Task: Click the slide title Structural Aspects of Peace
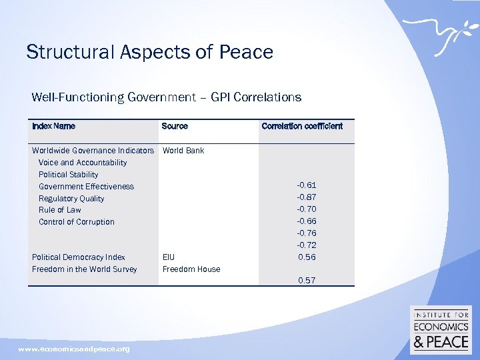coord(149,52)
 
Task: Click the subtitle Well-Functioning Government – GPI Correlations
coord(166,97)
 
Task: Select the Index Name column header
coord(53,126)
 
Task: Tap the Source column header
coord(175,126)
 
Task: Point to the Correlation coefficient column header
coord(302,126)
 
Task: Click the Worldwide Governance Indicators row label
coord(93,151)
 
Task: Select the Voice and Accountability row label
coord(83,163)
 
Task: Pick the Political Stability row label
coord(68,175)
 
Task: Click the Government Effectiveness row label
coord(86,187)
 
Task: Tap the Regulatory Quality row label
coord(71,199)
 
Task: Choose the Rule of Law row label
coord(59,210)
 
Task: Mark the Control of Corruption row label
coord(76,222)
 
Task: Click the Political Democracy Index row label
coord(78,257)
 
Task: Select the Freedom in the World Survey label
coord(84,269)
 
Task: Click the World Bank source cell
coord(183,151)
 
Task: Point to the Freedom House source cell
coord(191,269)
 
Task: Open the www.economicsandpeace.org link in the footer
coord(74,349)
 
